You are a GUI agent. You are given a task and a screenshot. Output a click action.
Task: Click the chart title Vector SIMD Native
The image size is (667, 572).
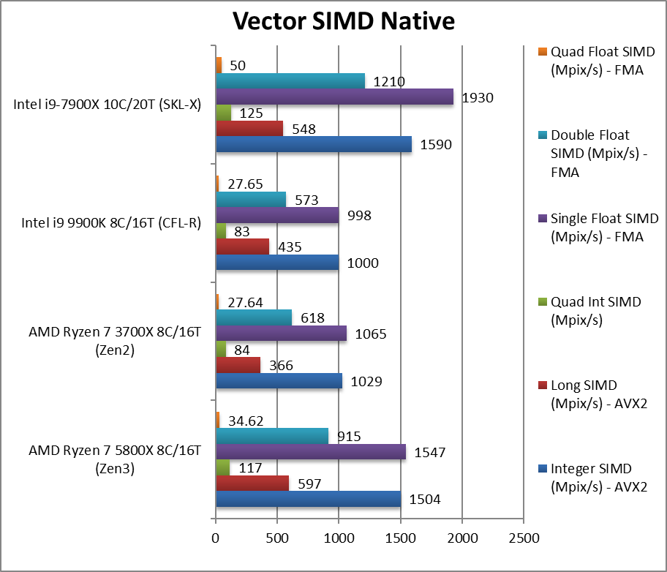coord(344,20)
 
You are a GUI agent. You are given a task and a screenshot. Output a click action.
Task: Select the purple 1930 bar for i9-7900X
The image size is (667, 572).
coord(334,97)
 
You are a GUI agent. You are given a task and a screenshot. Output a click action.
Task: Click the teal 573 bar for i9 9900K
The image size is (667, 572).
coord(250,199)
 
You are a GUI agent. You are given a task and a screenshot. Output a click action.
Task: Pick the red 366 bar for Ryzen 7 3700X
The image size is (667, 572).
coord(238,365)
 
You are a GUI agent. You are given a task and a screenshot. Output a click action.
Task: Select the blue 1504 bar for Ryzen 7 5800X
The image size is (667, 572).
coord(308,499)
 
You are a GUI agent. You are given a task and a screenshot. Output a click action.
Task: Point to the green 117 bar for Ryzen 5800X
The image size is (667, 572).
coord(222,467)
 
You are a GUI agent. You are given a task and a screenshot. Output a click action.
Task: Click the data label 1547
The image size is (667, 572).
coord(431,453)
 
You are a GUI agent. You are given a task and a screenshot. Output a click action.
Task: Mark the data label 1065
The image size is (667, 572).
coord(372,334)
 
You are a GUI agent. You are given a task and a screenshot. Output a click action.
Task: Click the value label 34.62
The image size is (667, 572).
coord(246,421)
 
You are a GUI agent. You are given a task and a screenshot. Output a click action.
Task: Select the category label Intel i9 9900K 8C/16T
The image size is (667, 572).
coord(107,223)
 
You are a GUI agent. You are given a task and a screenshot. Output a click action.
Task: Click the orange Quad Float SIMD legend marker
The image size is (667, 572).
coord(542,52)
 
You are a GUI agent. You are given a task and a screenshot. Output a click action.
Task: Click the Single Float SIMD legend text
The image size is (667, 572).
coord(604,227)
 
